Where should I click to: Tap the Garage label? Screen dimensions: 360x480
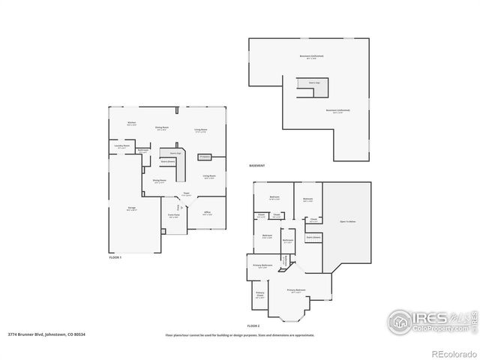coord(131,209)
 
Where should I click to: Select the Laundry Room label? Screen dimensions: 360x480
coord(122,145)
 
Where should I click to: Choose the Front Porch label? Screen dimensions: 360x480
coord(173,216)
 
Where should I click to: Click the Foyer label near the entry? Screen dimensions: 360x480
coord(185,193)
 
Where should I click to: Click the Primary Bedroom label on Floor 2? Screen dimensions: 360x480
coord(296,289)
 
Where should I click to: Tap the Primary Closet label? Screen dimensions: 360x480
coord(260,294)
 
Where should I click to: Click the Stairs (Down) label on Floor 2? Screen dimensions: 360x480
coord(313,237)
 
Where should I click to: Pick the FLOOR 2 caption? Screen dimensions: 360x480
coord(253,327)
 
